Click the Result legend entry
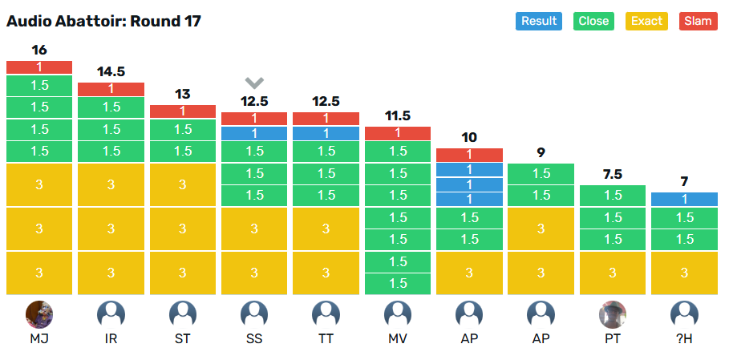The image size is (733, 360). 538,21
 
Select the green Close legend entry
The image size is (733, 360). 593,21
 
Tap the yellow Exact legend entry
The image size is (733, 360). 646,21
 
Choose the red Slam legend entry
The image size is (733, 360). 698,21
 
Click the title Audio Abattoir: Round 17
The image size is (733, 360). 103,21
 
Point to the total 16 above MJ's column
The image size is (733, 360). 39,50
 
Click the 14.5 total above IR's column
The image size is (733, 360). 111,71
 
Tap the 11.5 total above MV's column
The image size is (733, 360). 398,115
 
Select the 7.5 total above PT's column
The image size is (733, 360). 613,174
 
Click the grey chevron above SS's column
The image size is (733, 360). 254,83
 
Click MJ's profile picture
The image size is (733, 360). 39,314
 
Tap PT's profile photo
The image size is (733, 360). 613,314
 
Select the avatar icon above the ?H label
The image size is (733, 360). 684,314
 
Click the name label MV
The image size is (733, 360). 398,339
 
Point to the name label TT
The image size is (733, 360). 326,339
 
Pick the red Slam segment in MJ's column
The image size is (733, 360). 39,67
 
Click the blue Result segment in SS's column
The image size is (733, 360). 254,133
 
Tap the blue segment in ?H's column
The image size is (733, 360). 684,199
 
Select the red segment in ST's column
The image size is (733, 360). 183,111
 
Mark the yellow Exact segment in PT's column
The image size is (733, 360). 613,273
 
